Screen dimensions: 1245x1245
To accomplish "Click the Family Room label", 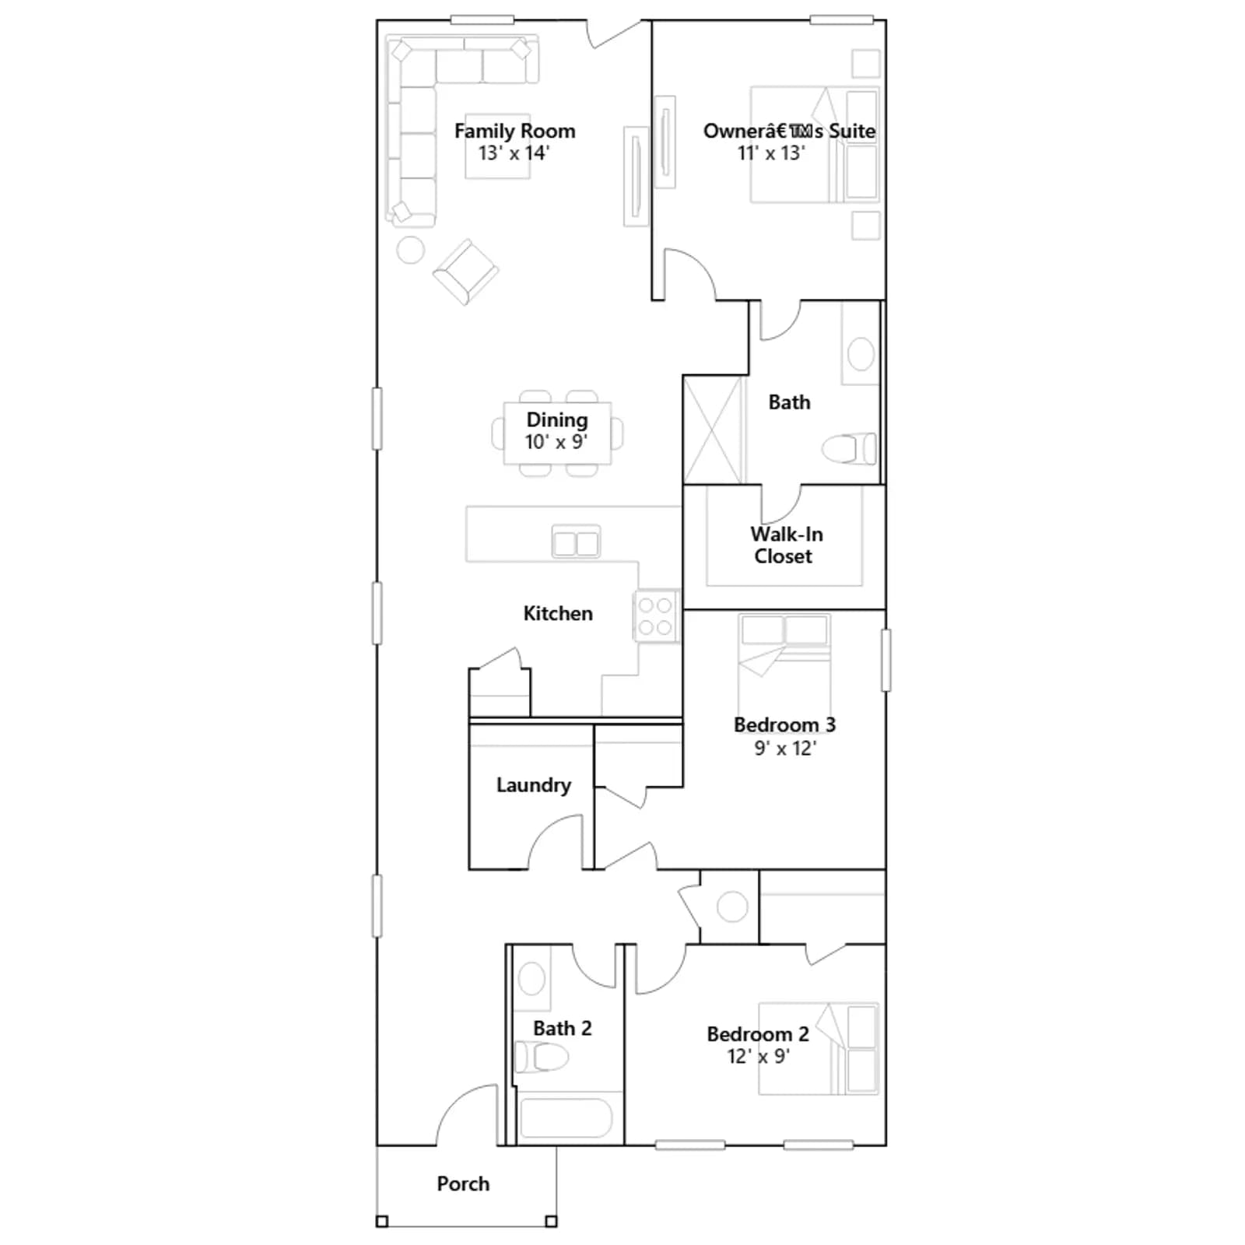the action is point(514,131).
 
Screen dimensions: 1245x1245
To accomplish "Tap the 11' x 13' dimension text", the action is point(771,153).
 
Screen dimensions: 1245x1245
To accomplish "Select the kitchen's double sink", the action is point(576,542).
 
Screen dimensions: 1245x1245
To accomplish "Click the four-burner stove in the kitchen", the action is point(656,615).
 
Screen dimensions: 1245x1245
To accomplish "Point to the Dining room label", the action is point(557,420).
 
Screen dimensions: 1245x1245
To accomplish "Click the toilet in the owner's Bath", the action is point(849,449).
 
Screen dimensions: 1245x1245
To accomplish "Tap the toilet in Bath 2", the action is point(542,1057).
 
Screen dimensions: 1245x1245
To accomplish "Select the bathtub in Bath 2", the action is point(566,1117).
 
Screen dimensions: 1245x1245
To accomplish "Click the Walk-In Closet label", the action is point(785,545).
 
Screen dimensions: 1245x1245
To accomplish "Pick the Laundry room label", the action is point(534,785).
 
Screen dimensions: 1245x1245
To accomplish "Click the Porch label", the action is point(463,1184).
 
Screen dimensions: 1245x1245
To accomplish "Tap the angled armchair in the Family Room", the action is point(465,272).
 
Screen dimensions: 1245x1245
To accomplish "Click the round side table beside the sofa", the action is point(410,250).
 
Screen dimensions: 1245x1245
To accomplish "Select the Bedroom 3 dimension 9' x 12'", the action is point(785,749).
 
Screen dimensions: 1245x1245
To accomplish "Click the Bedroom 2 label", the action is point(758,1034).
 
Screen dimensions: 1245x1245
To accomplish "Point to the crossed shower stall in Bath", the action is point(714,430).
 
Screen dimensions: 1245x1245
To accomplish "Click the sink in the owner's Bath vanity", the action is point(861,355).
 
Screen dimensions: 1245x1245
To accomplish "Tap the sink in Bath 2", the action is point(532,979).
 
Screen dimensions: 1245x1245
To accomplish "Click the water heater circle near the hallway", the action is point(732,907).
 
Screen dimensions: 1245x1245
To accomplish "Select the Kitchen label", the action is point(558,613).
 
